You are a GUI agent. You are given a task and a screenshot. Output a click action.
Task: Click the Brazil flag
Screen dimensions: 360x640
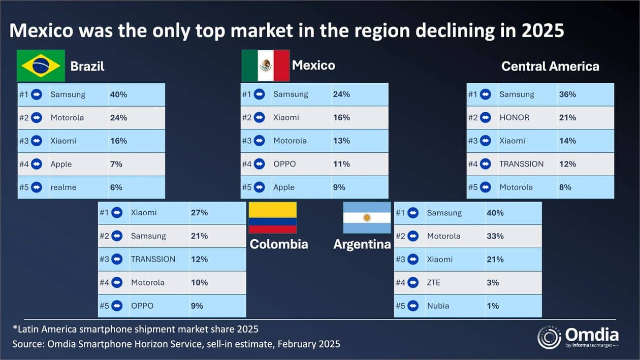(41, 66)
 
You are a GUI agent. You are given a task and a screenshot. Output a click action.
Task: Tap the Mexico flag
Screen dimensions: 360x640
(265, 66)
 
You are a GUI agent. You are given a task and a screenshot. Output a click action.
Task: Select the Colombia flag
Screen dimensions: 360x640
(272, 217)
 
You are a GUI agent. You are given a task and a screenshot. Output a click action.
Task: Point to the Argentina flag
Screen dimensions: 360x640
(367, 217)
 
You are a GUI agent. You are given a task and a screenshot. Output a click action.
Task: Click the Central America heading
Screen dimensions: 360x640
(550, 66)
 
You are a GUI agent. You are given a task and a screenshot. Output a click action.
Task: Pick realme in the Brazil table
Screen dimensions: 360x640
(63, 187)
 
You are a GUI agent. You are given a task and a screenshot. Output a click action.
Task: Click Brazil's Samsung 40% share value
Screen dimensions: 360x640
(118, 94)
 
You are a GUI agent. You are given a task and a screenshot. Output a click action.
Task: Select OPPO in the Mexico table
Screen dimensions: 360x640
(284, 164)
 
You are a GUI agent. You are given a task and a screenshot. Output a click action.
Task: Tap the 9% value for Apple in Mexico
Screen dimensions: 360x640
(339, 187)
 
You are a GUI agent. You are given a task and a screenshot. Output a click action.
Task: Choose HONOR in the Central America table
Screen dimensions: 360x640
(514, 117)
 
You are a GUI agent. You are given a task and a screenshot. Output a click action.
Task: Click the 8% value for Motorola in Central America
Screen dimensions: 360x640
(565, 187)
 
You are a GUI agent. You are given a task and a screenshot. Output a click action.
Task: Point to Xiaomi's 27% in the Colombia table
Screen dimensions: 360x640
(199, 213)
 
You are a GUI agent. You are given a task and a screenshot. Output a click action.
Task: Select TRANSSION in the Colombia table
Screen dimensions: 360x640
(153, 259)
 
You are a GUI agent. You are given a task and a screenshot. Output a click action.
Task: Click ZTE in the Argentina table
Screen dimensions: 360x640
(434, 282)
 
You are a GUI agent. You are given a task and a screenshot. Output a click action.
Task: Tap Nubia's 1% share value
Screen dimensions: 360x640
(492, 306)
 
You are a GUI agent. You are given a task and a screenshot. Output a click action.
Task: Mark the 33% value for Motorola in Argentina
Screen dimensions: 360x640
(495, 236)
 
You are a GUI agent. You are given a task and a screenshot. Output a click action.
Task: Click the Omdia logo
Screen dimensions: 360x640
(579, 338)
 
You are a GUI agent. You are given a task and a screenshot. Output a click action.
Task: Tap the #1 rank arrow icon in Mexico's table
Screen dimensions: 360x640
(260, 94)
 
